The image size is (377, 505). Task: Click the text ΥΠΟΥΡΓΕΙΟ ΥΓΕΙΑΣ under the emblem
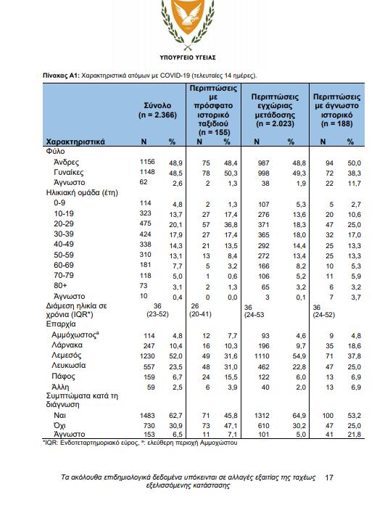(188, 57)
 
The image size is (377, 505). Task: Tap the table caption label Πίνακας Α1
(61, 75)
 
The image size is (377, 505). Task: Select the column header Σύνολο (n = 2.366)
(157, 110)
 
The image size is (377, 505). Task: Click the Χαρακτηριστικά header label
(75, 141)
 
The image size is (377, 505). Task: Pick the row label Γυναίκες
(69, 172)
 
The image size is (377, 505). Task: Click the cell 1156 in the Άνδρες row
(147, 162)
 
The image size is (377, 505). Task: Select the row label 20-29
(63, 223)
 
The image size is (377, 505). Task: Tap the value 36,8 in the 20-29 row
(231, 225)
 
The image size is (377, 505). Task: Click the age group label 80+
(60, 285)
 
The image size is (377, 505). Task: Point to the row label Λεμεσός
(67, 356)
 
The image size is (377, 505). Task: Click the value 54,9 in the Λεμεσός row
(299, 356)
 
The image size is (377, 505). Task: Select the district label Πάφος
(63, 376)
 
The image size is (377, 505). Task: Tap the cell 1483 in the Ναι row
(147, 416)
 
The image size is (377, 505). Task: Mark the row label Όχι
(59, 425)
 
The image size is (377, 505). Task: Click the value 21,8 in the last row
(354, 435)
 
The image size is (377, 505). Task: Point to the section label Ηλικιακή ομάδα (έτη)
(82, 193)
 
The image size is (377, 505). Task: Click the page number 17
(329, 477)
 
